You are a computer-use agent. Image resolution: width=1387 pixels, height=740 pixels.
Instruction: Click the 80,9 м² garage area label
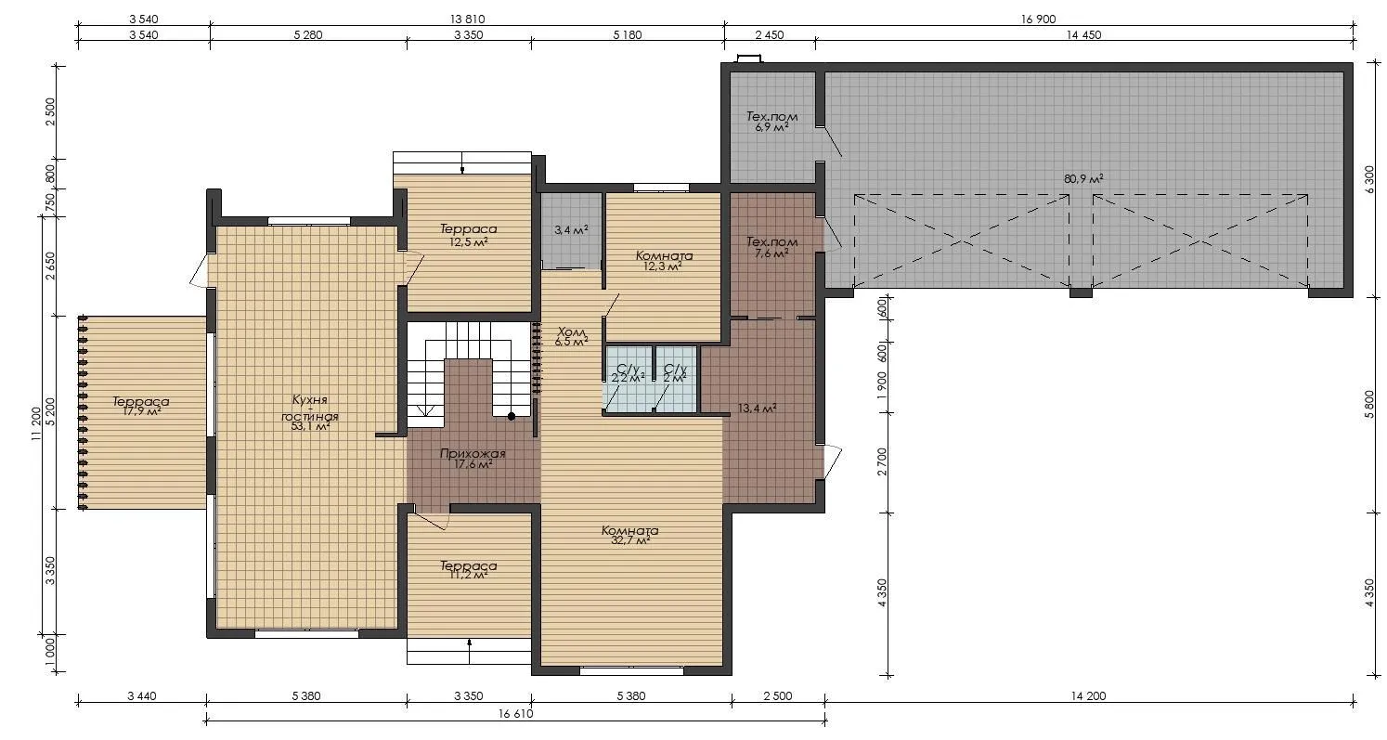1083,179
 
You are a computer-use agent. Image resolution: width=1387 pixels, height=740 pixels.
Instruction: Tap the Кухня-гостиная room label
310,412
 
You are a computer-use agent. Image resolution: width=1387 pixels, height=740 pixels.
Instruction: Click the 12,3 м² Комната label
663,261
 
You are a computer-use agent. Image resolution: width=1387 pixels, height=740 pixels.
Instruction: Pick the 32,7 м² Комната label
629,535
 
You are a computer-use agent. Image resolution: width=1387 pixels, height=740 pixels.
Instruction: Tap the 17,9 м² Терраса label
141,406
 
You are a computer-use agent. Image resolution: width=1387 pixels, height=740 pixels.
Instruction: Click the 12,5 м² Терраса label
469,235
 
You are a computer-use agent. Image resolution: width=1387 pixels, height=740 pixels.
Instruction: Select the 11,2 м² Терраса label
469,570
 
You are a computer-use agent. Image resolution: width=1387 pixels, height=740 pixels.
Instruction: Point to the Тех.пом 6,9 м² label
771,122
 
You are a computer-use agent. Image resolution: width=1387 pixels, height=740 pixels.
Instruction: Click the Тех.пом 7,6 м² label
771,246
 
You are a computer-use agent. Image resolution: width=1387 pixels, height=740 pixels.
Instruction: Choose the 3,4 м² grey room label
571,230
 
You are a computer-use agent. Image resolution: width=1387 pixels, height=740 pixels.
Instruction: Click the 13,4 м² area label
758,409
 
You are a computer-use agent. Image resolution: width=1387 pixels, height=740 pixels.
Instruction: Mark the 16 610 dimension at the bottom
515,713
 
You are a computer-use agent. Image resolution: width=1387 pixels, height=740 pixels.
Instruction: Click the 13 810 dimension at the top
467,19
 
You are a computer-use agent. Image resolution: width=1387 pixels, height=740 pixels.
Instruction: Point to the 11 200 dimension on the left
36,424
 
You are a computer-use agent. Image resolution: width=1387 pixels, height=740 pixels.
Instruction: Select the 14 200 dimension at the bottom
1088,696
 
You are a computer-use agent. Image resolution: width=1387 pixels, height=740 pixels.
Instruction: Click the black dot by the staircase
512,417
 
